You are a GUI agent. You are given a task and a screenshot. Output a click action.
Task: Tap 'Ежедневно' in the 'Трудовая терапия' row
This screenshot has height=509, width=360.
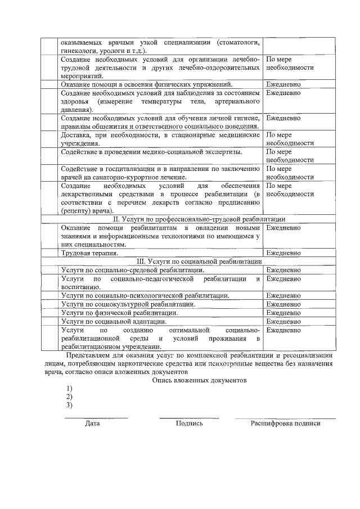283,253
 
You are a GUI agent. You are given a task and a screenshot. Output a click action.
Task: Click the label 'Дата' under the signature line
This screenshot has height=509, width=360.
92,423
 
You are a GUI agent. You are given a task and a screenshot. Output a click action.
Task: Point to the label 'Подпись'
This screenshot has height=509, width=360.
189,423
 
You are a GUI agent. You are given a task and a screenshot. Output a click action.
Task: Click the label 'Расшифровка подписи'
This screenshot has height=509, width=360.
285,423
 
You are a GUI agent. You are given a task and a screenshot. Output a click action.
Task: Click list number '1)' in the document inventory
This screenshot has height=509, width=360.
69,389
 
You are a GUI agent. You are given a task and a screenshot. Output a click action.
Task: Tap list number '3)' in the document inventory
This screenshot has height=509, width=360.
69,405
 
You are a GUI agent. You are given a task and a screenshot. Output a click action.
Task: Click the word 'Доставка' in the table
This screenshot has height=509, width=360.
76,135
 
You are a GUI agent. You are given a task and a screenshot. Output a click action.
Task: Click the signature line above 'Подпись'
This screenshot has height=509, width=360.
189,417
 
